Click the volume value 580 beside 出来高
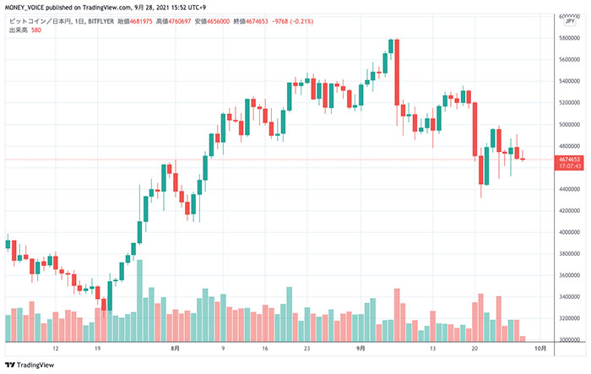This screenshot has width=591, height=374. (36, 31)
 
